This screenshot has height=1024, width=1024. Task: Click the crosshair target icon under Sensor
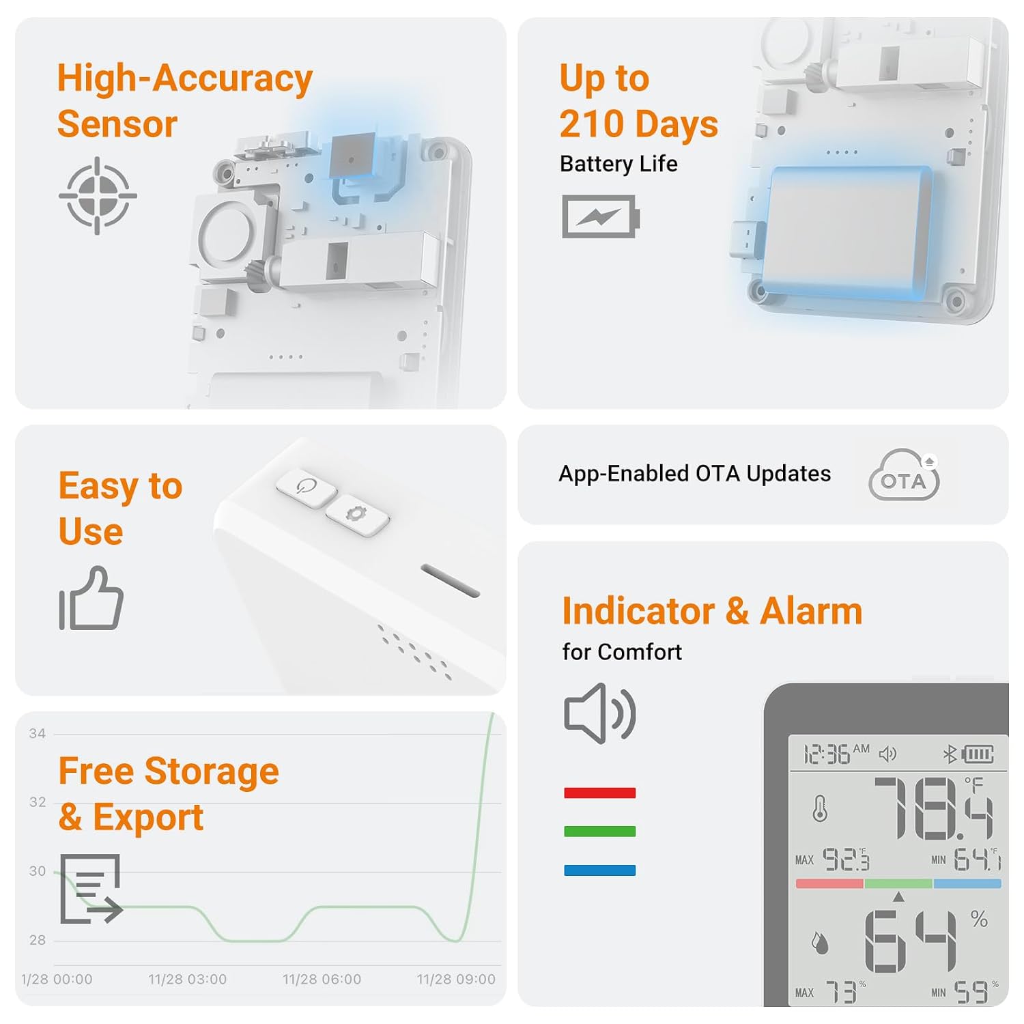click(98, 196)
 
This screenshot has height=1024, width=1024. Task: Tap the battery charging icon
click(601, 216)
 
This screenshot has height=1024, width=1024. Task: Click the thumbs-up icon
click(91, 598)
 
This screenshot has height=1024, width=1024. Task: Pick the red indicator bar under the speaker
click(599, 793)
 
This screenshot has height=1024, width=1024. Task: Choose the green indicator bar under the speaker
click(599, 831)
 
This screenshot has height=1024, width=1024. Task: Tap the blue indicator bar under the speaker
click(599, 870)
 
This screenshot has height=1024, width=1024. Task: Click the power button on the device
click(307, 487)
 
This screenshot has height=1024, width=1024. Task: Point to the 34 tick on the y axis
click(38, 734)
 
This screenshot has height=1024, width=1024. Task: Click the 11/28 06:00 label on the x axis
click(322, 980)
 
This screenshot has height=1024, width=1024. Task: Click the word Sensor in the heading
click(117, 124)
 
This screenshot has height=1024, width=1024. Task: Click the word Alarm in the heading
click(811, 611)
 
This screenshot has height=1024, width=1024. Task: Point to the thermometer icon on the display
click(820, 809)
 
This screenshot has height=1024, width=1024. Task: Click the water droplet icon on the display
click(819, 943)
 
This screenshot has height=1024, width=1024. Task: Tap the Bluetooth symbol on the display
click(950, 754)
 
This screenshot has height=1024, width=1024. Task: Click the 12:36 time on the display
click(827, 754)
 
